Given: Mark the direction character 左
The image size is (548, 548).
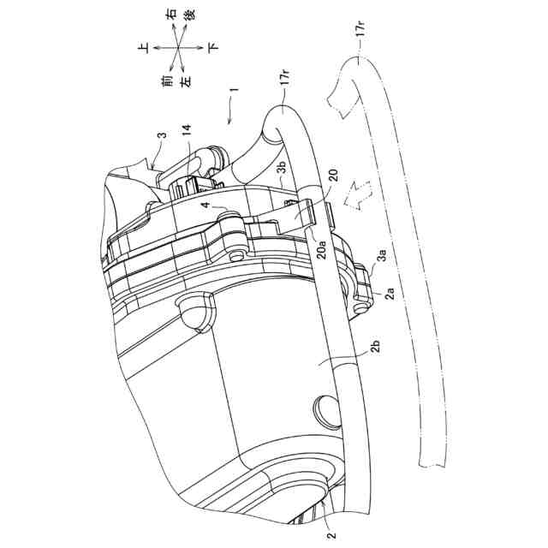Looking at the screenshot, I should (x=185, y=80).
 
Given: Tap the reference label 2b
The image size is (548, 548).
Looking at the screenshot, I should (x=379, y=347).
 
